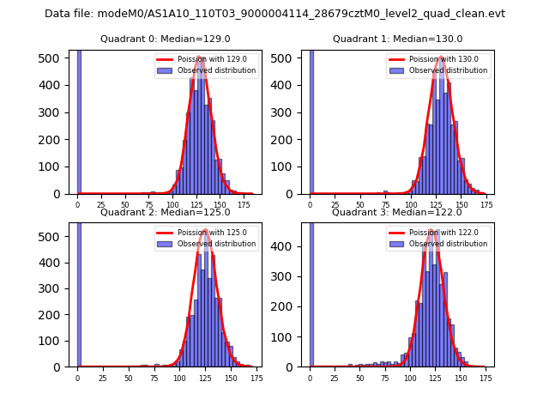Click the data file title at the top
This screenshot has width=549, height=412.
pyautogui.click(x=274, y=14)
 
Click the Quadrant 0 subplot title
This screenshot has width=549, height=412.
pyautogui.click(x=166, y=39)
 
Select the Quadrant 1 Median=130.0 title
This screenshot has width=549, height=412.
pyautogui.click(x=397, y=39)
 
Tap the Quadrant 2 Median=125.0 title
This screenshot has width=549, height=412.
pyautogui.click(x=166, y=212)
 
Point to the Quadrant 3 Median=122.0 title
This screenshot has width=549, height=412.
pyautogui.click(x=397, y=212)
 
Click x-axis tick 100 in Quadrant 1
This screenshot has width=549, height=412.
pyautogui.click(x=411, y=205)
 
